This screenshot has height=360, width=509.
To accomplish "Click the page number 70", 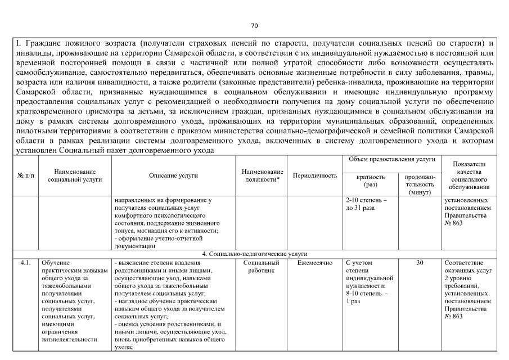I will tap(254, 26).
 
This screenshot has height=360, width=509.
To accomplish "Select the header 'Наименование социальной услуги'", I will tap(75, 175).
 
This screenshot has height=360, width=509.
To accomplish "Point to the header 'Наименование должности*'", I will tap(263, 175).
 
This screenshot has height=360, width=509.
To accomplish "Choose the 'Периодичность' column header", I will tap(316, 175).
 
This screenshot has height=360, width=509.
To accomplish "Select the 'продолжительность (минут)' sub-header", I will tap(420, 184).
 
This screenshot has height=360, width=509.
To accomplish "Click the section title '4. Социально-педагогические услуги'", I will tap(255, 254).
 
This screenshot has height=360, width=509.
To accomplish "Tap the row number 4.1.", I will tap(25, 263).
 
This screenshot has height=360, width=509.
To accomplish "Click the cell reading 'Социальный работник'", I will tap(263, 267).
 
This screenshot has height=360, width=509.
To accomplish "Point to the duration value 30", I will tap(420, 263).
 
